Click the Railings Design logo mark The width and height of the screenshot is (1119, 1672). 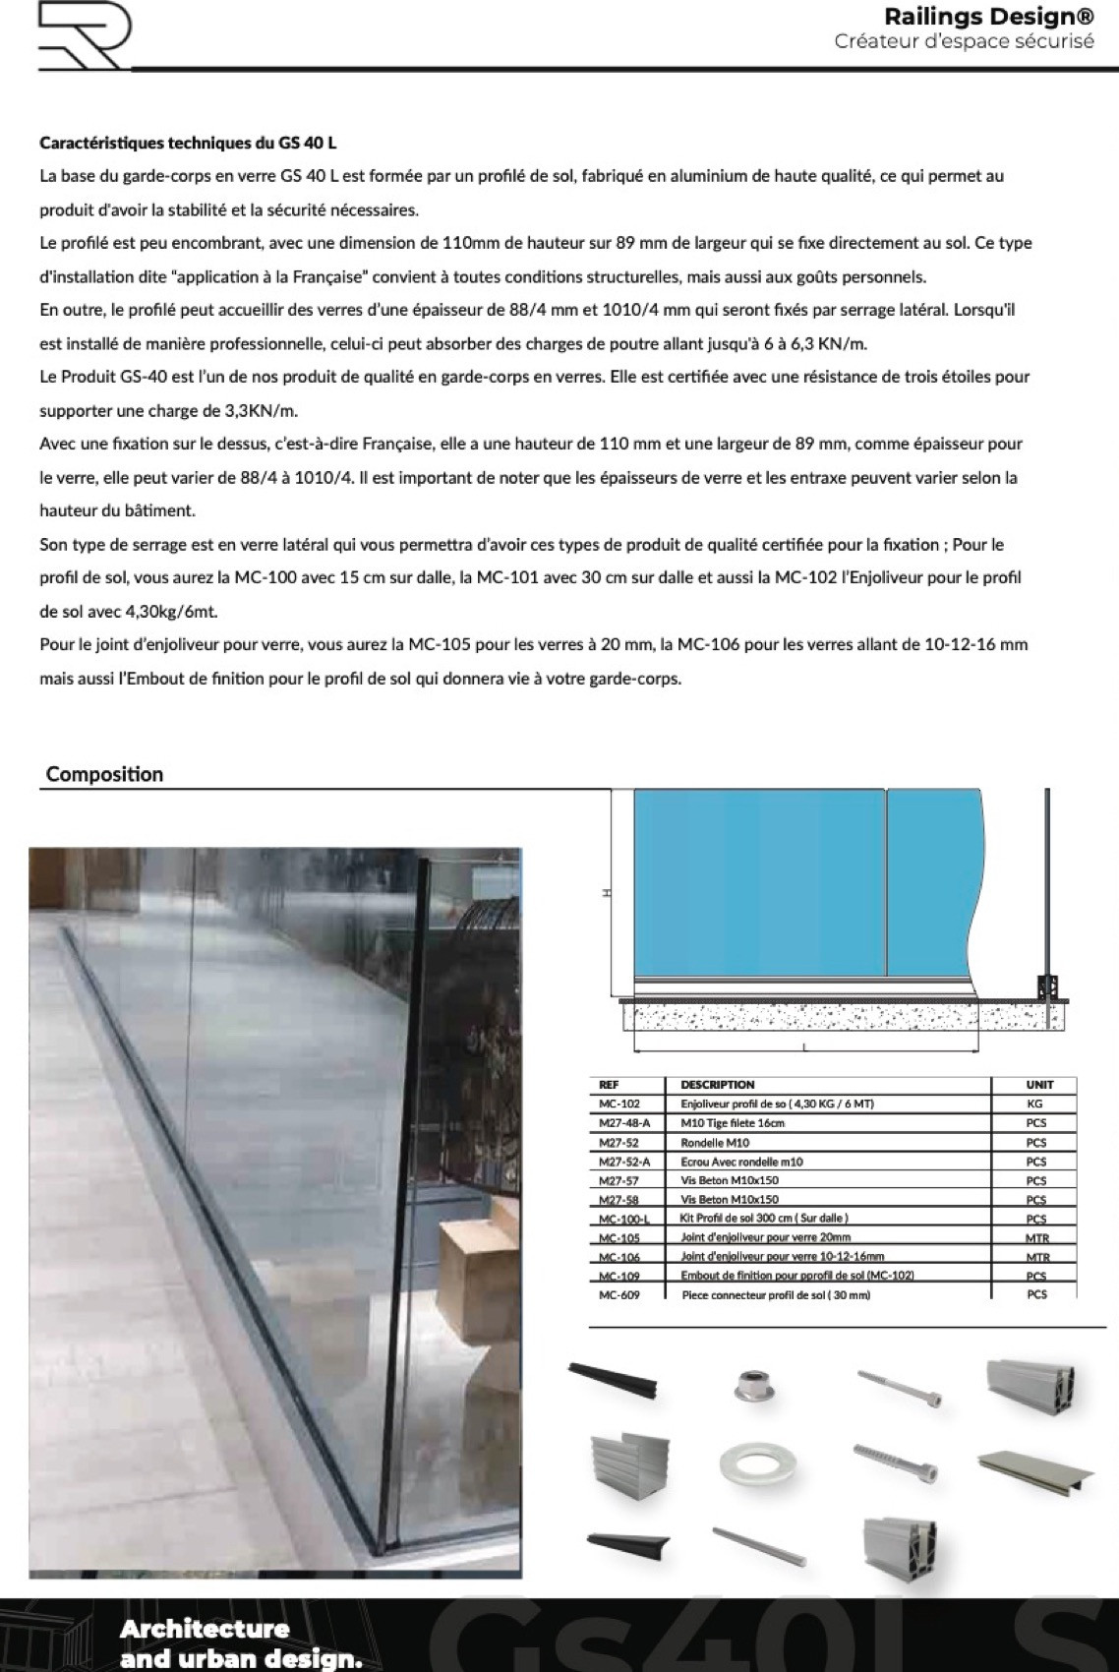click(x=83, y=36)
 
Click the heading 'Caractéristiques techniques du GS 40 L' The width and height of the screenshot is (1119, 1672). click(x=188, y=143)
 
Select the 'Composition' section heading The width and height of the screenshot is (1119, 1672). click(x=104, y=774)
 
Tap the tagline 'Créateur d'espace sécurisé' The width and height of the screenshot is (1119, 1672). click(x=964, y=41)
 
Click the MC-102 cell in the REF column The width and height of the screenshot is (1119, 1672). click(x=618, y=1104)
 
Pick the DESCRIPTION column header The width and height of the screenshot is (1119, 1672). click(x=717, y=1085)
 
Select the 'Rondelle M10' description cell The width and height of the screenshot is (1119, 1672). click(x=714, y=1142)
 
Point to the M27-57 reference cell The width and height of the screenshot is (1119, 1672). click(x=618, y=1180)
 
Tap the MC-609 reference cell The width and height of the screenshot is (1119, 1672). click(x=618, y=1295)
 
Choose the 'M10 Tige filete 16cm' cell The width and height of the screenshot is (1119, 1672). click(x=732, y=1123)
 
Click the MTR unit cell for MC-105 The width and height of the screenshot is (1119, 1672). click(x=1036, y=1238)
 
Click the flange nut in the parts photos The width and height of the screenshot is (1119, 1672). click(x=753, y=1386)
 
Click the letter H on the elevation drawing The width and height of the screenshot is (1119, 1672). click(x=606, y=893)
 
